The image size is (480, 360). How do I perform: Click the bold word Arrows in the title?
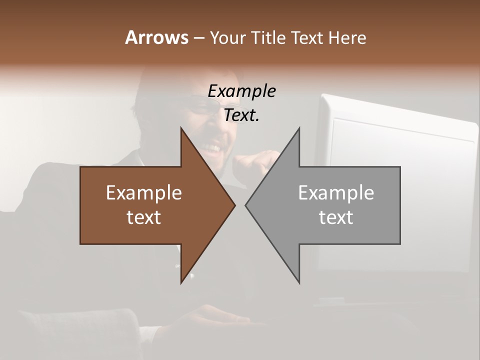[x=156, y=37]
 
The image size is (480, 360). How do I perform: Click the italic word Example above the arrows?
[x=241, y=91]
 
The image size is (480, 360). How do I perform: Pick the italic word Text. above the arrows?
[x=241, y=115]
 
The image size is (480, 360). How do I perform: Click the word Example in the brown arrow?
[x=143, y=193]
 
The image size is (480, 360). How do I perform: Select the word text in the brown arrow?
[x=143, y=217]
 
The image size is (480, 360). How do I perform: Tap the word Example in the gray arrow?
[x=336, y=193]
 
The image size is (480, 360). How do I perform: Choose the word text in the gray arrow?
[x=336, y=217]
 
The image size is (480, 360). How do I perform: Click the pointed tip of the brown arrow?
[x=235, y=205]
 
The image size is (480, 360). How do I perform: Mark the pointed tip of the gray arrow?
[x=245, y=205]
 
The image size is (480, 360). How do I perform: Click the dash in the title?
[x=198, y=38]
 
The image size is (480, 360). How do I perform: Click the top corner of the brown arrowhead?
[x=181, y=128]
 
